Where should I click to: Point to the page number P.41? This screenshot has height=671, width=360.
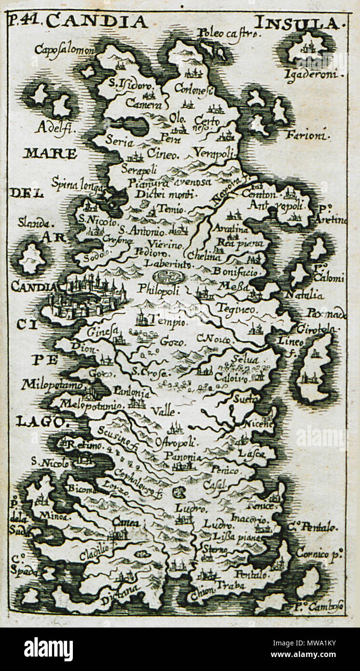pyautogui.click(x=25, y=21)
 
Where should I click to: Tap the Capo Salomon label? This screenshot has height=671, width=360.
pyautogui.click(x=64, y=50)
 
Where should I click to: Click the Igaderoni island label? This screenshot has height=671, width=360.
pyautogui.click(x=314, y=74)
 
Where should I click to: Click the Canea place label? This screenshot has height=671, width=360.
pyautogui.click(x=125, y=522)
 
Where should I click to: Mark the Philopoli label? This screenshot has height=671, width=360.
pyautogui.click(x=158, y=290)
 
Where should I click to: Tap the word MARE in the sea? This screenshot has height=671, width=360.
pyautogui.click(x=50, y=154)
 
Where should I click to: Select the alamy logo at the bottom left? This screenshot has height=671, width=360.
pyautogui.click(x=48, y=649)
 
